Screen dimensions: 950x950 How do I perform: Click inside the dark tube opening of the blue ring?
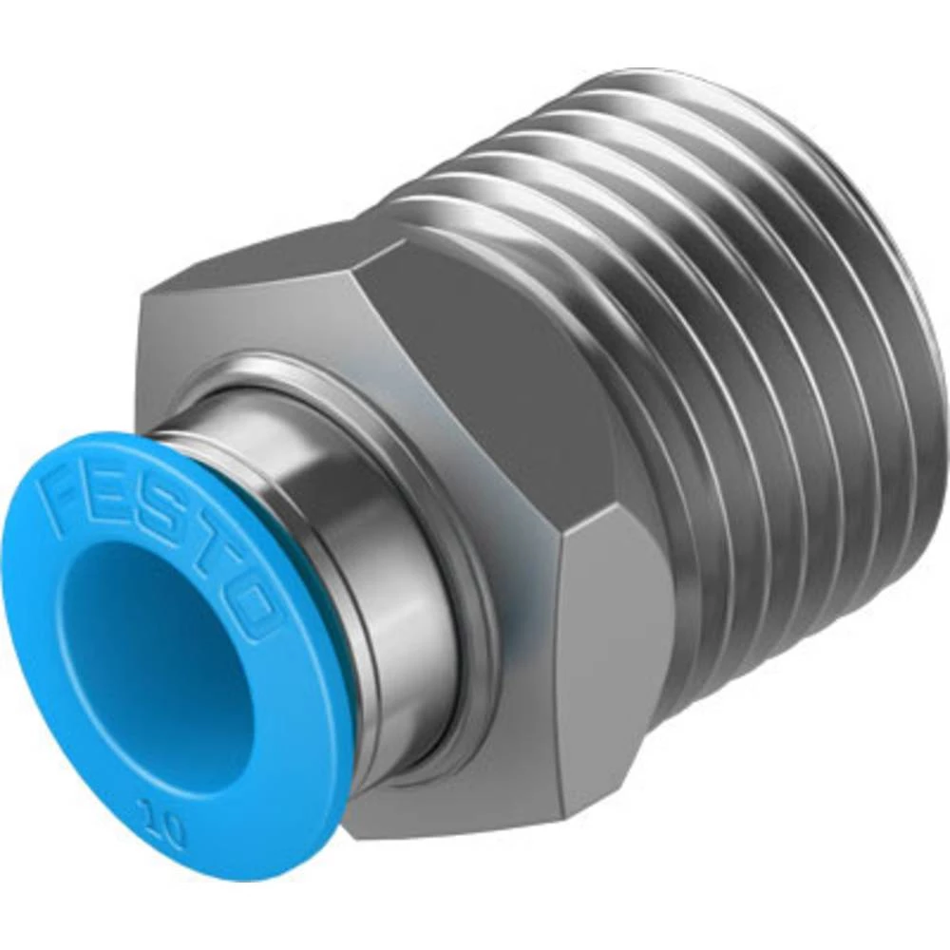152,655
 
